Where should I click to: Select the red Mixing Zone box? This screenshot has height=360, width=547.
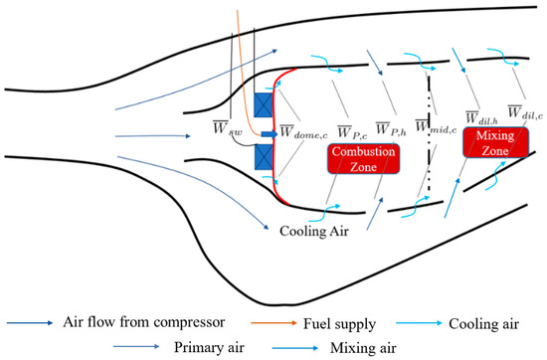pyautogui.click(x=494, y=142)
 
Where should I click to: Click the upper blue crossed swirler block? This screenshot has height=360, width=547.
pyautogui.click(x=265, y=107)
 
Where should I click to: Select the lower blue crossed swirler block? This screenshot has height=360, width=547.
pyautogui.click(x=265, y=156)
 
